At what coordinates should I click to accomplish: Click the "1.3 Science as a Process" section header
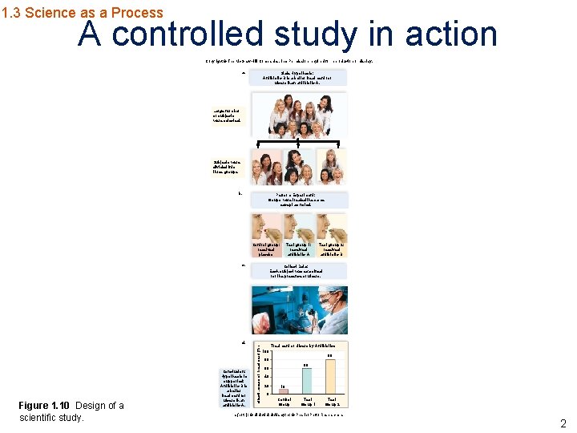click(x=82, y=12)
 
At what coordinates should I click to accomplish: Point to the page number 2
click(x=563, y=423)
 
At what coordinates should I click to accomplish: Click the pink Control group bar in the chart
click(x=284, y=391)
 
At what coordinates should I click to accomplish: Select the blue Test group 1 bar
click(x=306, y=380)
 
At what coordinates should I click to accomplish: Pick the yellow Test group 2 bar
click(x=330, y=376)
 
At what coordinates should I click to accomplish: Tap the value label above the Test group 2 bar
click(x=330, y=356)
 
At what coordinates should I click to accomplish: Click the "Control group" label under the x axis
click(x=284, y=402)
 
